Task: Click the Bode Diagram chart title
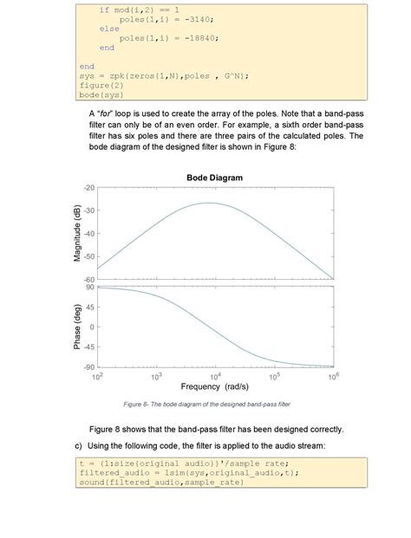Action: (x=214, y=178)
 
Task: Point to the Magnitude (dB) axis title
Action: (x=78, y=233)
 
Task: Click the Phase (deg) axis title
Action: (x=78, y=327)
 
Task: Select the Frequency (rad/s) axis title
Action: (x=215, y=387)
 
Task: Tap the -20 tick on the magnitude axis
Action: (x=89, y=188)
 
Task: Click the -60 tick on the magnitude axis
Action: (x=89, y=280)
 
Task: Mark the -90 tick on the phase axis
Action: (x=89, y=367)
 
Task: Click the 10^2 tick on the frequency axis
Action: (x=96, y=378)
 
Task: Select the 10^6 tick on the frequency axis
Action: (x=334, y=378)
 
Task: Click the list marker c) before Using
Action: (x=80, y=445)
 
